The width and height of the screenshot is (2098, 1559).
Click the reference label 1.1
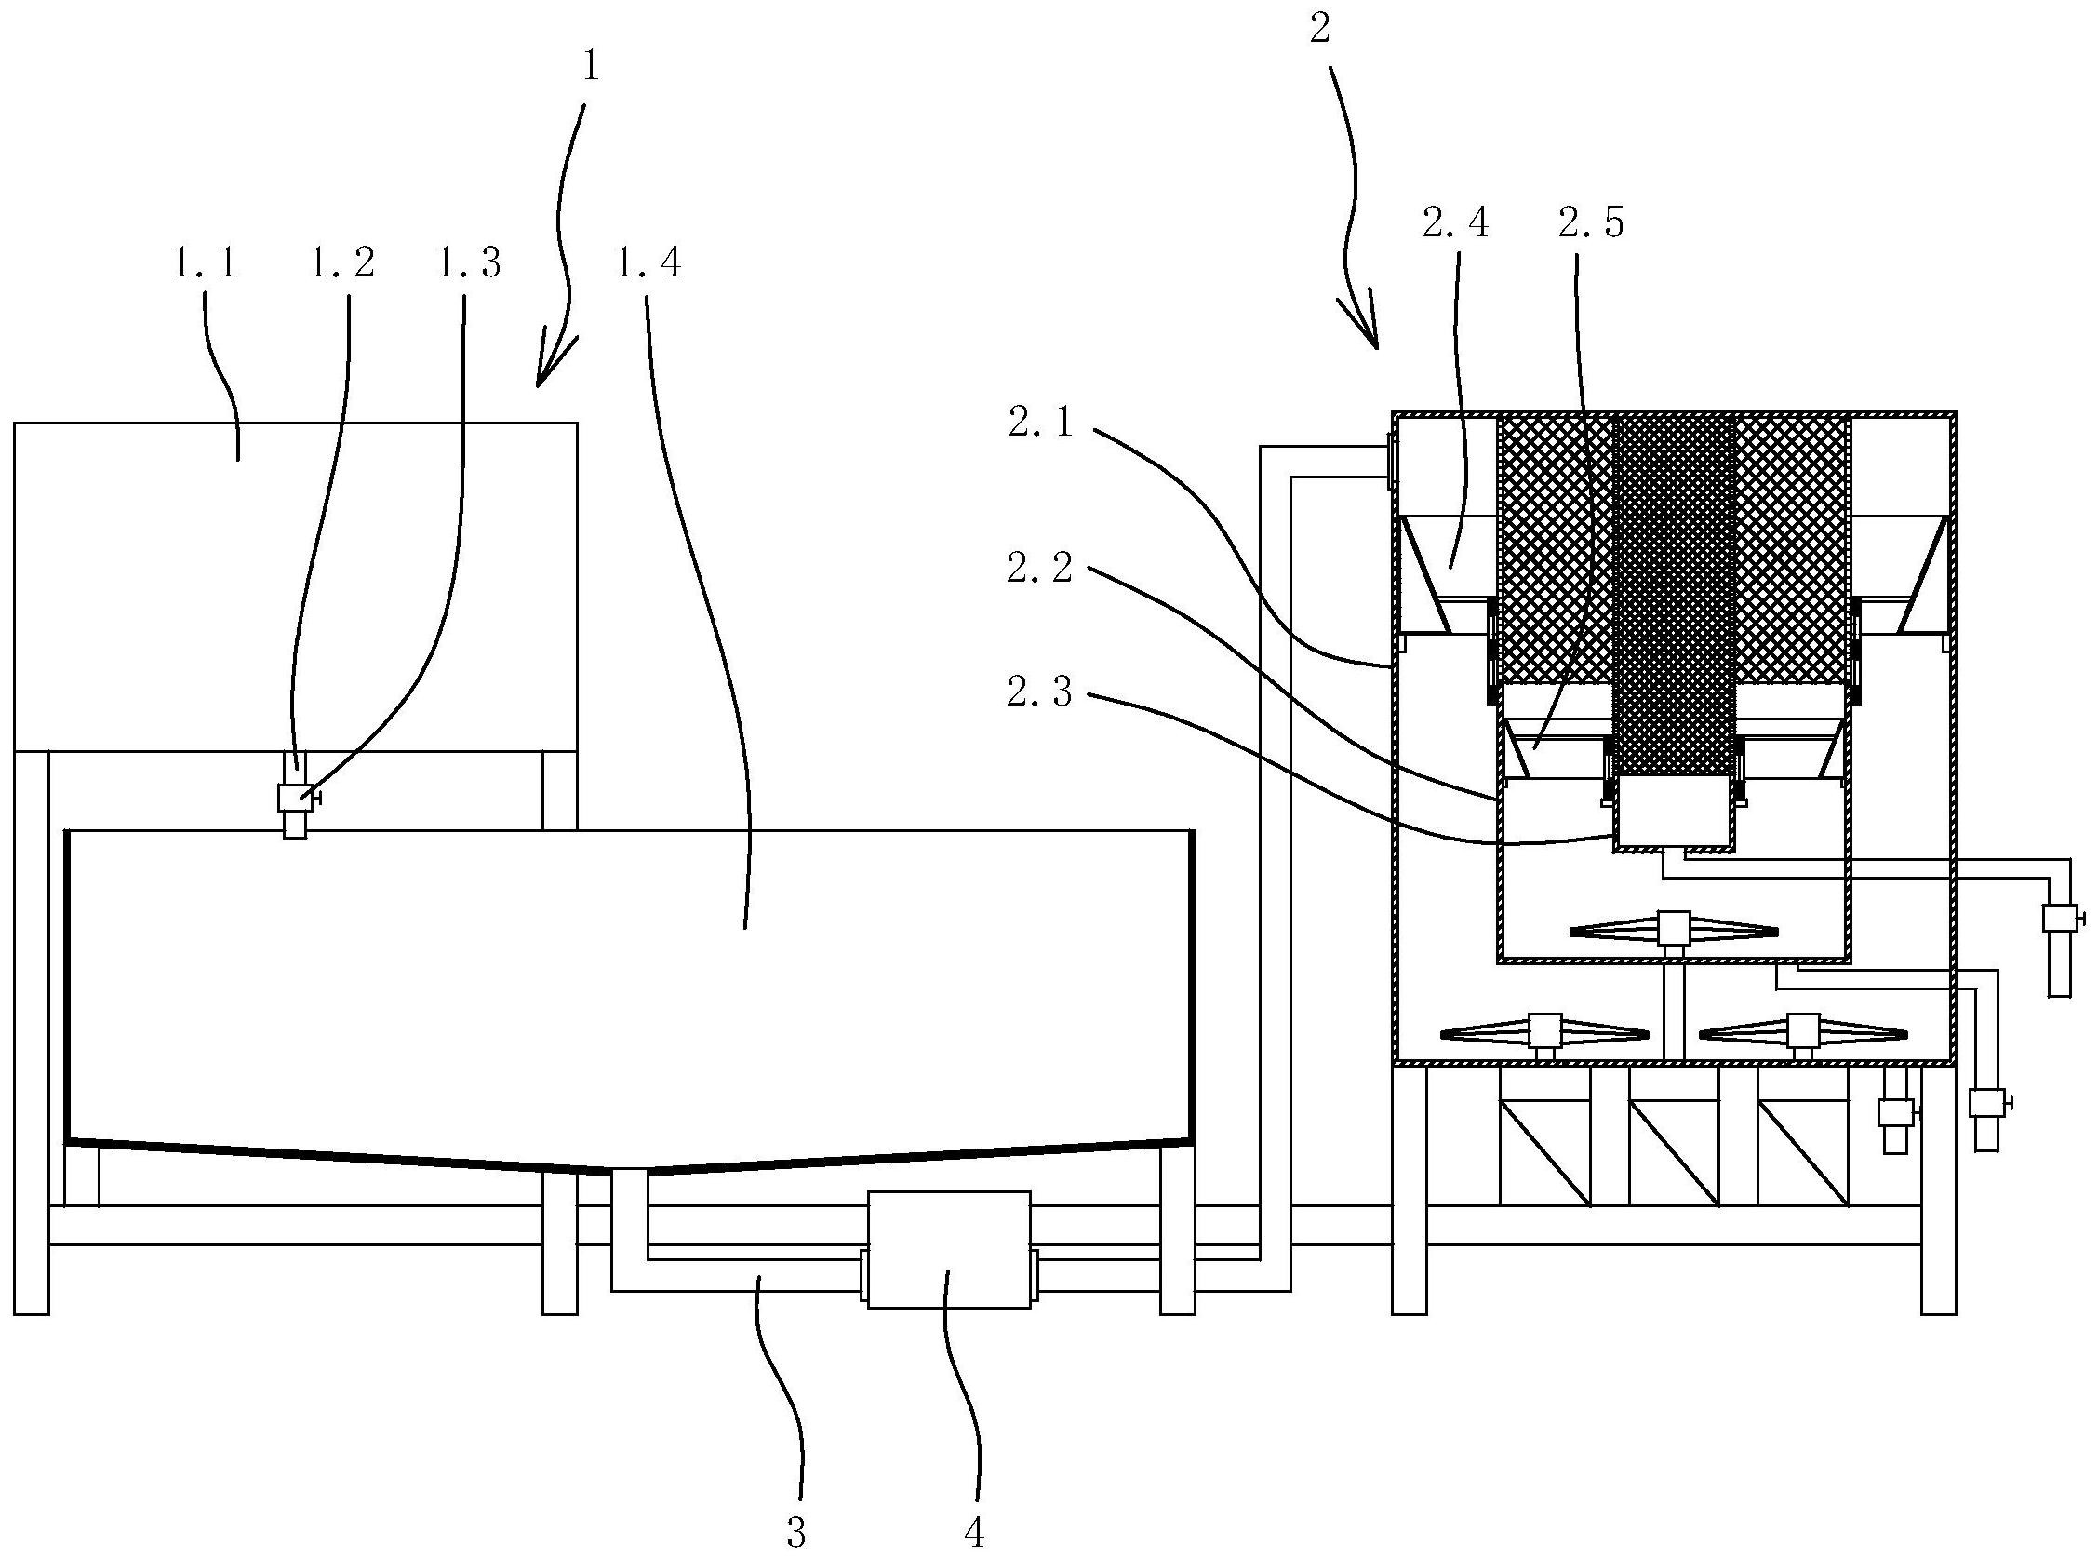pos(205,263)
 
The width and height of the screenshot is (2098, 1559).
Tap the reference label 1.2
pos(341,263)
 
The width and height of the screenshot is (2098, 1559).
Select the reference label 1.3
pos(469,263)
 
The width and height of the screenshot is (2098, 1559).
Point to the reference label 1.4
pos(648,263)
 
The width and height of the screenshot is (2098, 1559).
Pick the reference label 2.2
pos(1039,568)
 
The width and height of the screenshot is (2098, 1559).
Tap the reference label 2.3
pos(1039,693)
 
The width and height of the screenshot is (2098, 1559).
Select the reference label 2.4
pos(1456,222)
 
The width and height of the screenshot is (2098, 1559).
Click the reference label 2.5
pos(1592,222)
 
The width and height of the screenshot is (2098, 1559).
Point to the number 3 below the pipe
pos(797,1534)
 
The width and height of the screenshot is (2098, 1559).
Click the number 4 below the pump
pos(974,1534)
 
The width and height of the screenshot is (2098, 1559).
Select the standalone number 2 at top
pos(1320,30)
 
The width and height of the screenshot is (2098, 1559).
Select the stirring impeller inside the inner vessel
pos(1673,931)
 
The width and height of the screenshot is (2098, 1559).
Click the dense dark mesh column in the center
pos(1674,595)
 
